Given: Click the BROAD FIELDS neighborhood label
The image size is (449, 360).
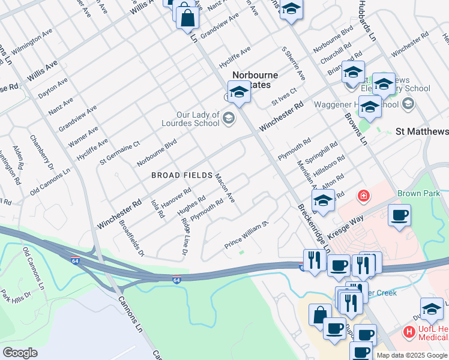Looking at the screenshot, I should (x=182, y=175).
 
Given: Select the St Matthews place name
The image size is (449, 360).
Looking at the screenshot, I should (x=422, y=131).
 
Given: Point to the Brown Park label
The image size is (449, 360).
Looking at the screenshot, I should (x=418, y=194).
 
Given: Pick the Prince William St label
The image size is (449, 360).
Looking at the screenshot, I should (x=246, y=236).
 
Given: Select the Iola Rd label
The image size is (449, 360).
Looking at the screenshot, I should (x=158, y=208).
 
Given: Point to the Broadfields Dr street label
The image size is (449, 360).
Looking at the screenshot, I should (x=131, y=238).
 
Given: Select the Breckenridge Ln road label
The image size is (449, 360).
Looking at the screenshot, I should (x=313, y=227).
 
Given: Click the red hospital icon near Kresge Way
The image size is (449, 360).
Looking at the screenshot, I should (x=363, y=196).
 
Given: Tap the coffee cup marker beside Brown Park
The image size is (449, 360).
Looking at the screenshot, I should (x=399, y=215).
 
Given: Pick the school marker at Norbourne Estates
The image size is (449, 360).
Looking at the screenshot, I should (x=239, y=93).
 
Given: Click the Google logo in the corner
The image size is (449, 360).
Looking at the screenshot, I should (x=20, y=353).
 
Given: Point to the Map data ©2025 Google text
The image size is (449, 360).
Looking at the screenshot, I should (x=412, y=355).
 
